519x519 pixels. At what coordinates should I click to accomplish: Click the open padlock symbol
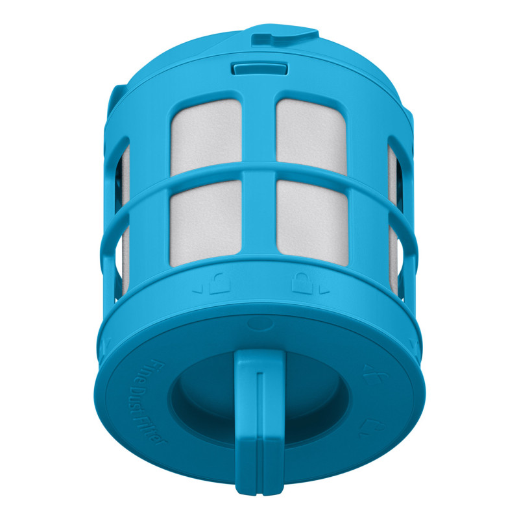click(219, 284)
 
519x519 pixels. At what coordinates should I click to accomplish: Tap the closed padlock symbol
click(302, 284)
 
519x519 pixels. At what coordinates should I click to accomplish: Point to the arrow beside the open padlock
click(198, 291)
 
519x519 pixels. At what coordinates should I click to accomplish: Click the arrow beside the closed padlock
click(324, 291)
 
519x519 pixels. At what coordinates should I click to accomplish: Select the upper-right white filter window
click(311, 136)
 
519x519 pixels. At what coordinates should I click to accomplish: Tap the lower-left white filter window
click(205, 223)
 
